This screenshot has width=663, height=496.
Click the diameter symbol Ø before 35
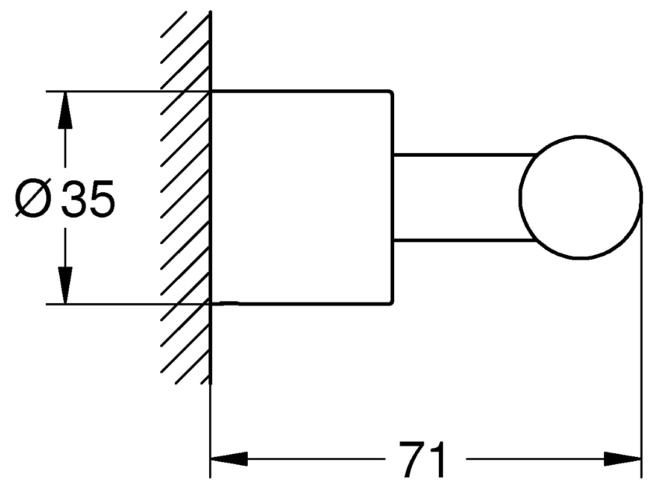pos(33,198)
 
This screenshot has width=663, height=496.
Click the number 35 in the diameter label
pos(88,198)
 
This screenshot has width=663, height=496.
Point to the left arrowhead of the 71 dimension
pos(229,459)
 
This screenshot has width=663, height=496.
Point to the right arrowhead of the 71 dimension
pos(623,459)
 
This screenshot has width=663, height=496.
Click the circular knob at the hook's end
pos(580,137)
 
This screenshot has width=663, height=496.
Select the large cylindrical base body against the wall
pos(302,198)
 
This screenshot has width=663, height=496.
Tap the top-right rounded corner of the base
pos(391,93)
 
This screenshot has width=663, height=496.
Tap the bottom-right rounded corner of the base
pos(391,301)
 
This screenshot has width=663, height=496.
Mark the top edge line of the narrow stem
pos(465,155)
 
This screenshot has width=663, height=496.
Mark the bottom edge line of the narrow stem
pos(465,241)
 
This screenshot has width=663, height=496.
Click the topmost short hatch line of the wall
pos(174,25)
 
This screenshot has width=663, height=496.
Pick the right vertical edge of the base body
pos(393,198)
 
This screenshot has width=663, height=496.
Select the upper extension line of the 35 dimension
pos(128,91)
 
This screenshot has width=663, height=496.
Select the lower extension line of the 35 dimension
pos(128,304)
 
